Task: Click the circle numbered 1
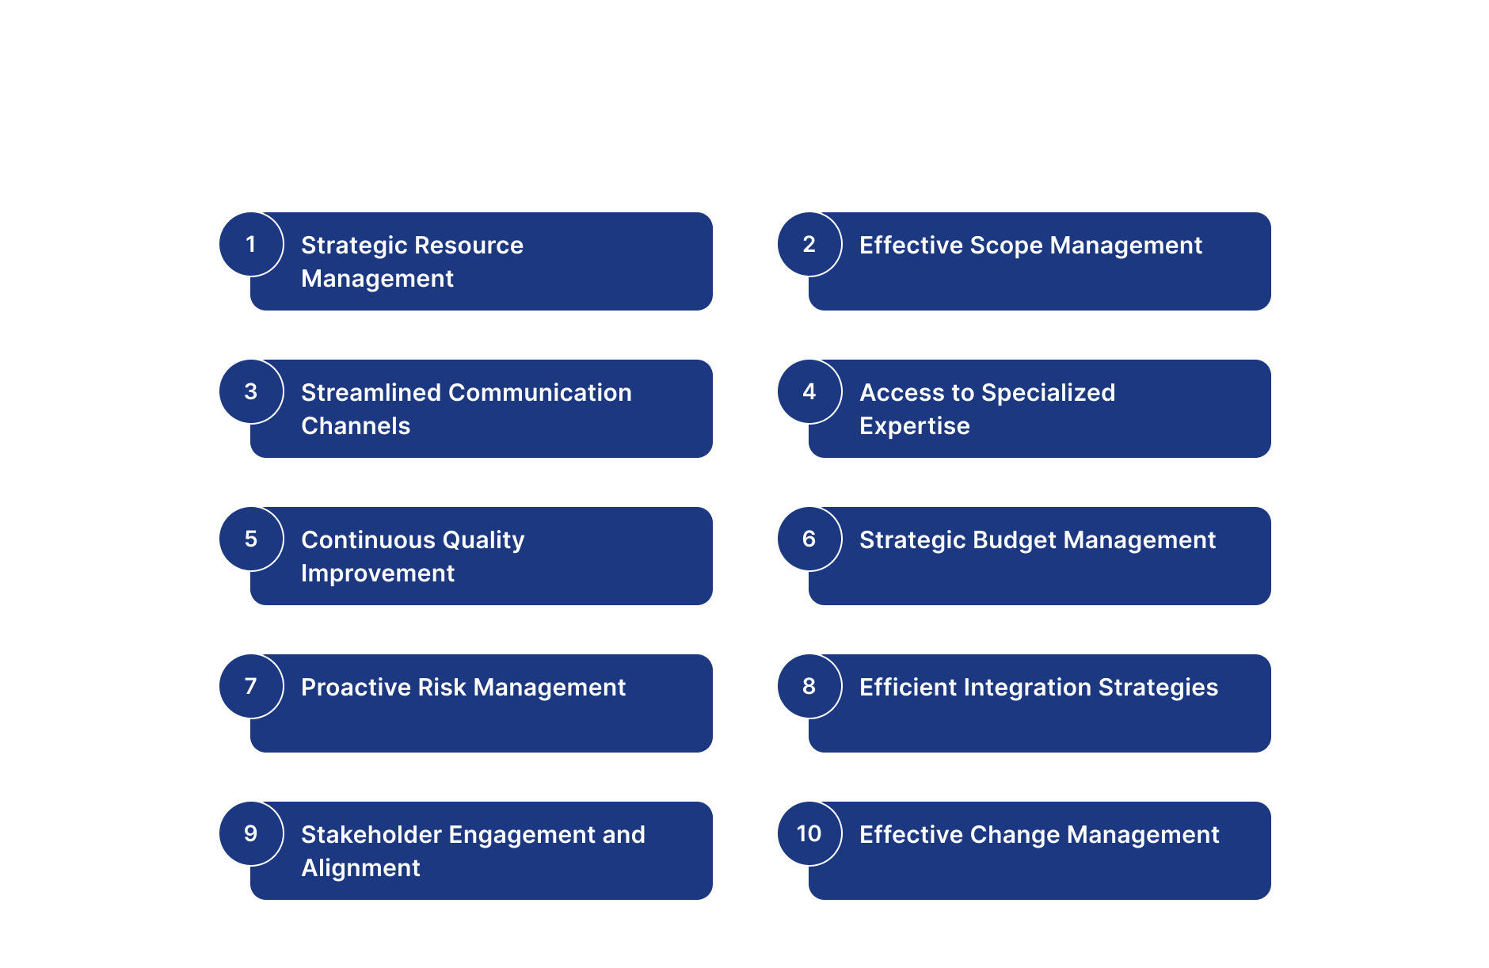click(251, 244)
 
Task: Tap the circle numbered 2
click(809, 244)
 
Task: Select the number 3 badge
click(251, 391)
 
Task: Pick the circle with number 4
click(809, 391)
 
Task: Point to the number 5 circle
click(251, 539)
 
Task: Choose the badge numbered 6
click(809, 539)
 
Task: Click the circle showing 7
click(251, 686)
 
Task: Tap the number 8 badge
click(809, 686)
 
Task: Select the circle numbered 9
click(251, 833)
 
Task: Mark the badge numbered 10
click(809, 833)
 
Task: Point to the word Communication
click(540, 393)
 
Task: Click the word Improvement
click(378, 574)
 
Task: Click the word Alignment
click(361, 869)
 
